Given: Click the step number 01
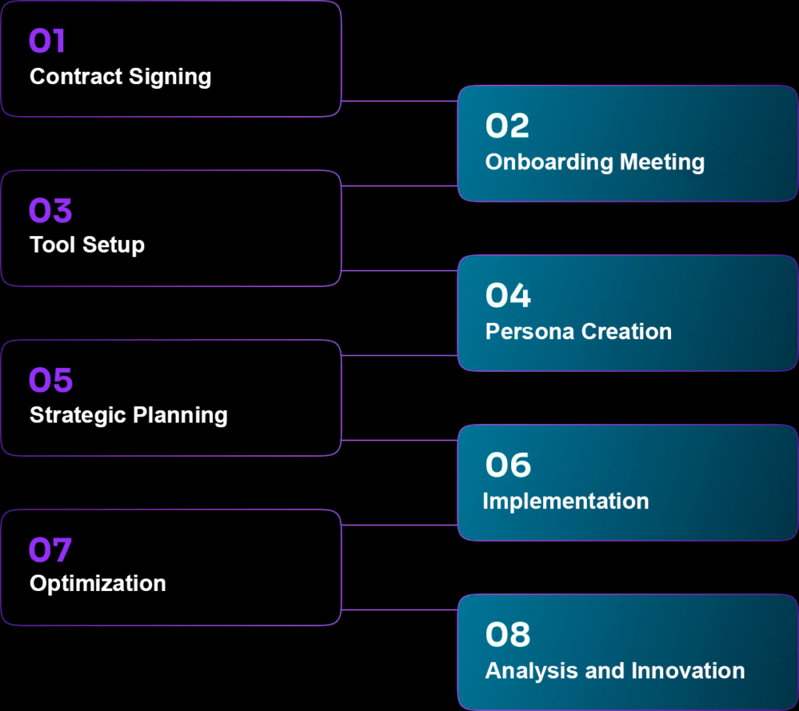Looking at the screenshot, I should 47,41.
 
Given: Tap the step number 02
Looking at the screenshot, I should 507,126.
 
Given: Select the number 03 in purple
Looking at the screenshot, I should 50,210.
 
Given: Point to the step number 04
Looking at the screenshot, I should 508,295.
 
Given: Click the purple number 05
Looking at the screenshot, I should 51,380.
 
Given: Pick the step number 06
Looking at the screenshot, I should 508,465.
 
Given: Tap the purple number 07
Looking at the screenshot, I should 50,550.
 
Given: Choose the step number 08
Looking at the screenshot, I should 508,635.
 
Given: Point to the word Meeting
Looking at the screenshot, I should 662,162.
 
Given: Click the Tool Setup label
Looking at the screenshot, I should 87,245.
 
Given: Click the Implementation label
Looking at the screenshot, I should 566,501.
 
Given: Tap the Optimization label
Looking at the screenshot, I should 98,583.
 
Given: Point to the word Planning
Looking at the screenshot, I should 180,415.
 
